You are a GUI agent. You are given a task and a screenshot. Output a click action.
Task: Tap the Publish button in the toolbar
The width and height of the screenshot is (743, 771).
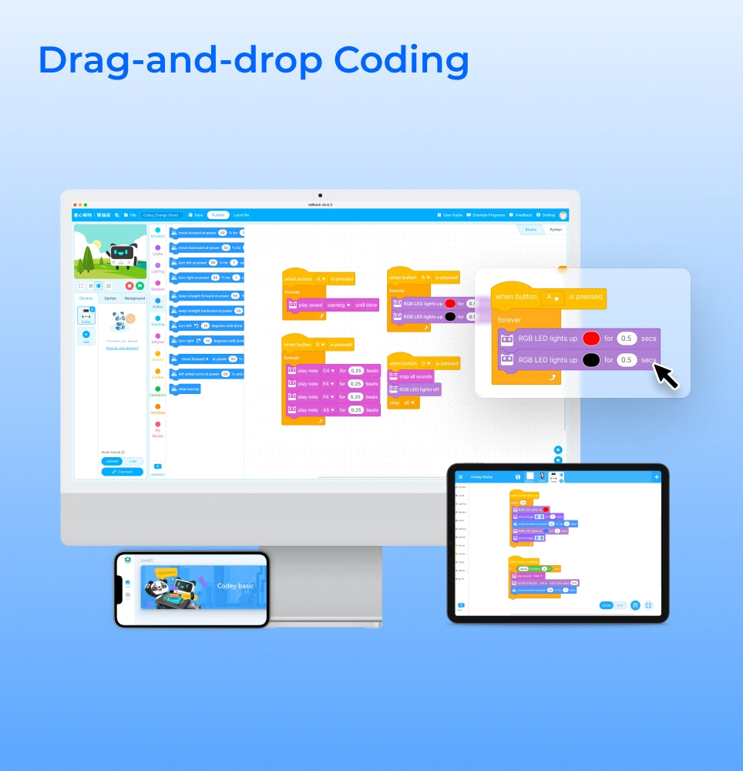[219, 215]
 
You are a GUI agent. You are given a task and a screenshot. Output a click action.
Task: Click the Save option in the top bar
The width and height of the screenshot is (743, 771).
[197, 215]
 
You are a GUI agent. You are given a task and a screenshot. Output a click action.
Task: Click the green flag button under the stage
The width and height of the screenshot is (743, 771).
[140, 285]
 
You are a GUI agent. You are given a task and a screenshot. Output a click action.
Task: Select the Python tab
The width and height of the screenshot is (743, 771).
[556, 230]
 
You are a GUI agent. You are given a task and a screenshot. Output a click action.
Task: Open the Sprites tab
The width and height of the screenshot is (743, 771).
[110, 298]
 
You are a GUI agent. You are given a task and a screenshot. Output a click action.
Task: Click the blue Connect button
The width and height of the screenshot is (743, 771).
[123, 471]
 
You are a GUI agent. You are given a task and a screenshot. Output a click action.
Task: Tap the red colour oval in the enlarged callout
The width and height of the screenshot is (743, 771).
[591, 338]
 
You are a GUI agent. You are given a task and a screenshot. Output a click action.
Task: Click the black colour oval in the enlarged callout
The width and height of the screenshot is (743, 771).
[591, 359]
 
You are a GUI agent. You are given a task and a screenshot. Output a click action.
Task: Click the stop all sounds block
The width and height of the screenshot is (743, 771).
[411, 376]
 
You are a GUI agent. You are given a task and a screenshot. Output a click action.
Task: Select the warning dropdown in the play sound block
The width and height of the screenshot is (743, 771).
[339, 305]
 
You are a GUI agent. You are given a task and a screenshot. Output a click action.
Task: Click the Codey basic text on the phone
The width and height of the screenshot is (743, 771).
[235, 586]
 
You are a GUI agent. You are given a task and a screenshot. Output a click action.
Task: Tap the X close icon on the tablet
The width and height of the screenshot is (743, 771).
[461, 477]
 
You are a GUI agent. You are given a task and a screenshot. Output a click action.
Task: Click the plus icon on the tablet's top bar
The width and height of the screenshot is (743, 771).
[657, 477]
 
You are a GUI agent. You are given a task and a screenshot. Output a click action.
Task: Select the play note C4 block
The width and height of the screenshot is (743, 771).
[332, 371]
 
